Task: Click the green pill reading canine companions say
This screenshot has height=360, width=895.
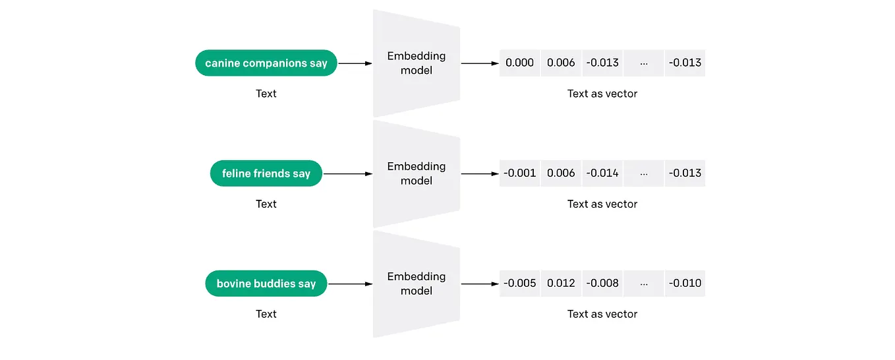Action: pyautogui.click(x=266, y=63)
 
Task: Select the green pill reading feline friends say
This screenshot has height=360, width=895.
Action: pyautogui.click(x=266, y=173)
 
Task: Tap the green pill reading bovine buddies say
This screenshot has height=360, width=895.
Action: pyautogui.click(x=266, y=284)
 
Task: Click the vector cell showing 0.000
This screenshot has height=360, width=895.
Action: pyautogui.click(x=519, y=63)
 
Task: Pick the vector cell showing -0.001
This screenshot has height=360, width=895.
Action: pyautogui.click(x=519, y=173)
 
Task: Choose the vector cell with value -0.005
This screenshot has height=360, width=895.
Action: pyautogui.click(x=519, y=284)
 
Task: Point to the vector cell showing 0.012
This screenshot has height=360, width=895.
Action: pyautogui.click(x=561, y=284)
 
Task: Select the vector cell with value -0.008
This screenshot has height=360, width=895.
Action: pyautogui.click(x=602, y=284)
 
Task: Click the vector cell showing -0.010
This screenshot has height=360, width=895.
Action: pyautogui.click(x=685, y=284)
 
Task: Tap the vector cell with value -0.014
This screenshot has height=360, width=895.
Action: pyautogui.click(x=602, y=173)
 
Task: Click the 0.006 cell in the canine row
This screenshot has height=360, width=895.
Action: pyautogui.click(x=561, y=63)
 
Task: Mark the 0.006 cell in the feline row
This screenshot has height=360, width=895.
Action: pyautogui.click(x=561, y=173)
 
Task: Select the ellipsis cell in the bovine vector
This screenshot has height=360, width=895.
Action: pyautogui.click(x=643, y=284)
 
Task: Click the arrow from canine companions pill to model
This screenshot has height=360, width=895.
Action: pyautogui.click(x=355, y=63)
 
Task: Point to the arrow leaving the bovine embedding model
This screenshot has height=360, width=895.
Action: pyautogui.click(x=479, y=284)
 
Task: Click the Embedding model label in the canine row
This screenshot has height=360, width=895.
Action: pyautogui.click(x=416, y=63)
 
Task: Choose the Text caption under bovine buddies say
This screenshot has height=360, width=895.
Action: pyautogui.click(x=266, y=314)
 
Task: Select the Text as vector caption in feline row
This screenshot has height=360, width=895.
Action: pyautogui.click(x=602, y=204)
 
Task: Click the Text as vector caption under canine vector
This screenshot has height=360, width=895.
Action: pyautogui.click(x=602, y=94)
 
